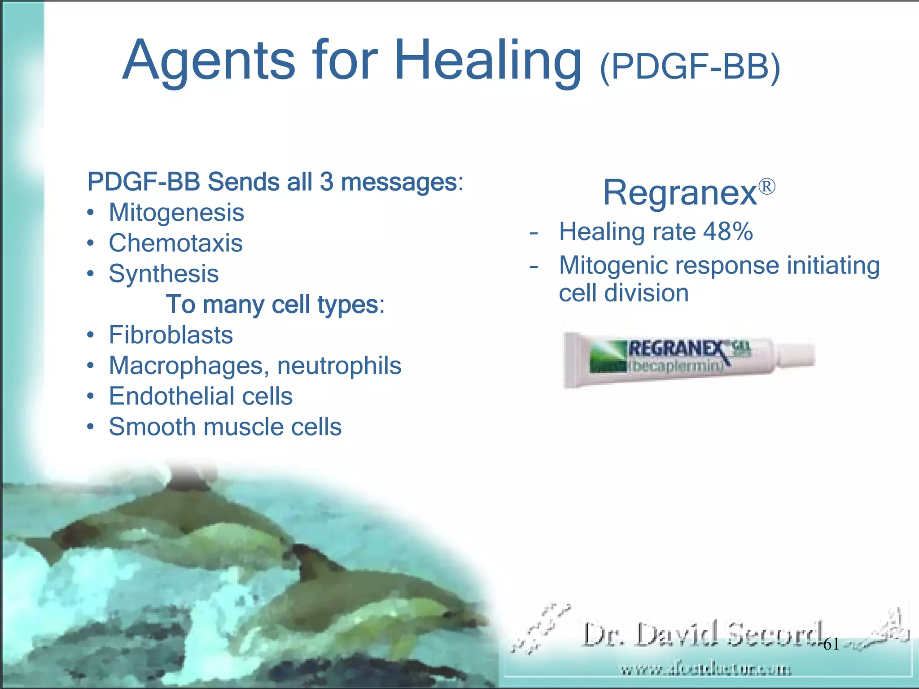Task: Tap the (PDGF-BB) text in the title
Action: (x=690, y=67)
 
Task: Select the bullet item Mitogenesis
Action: (x=176, y=212)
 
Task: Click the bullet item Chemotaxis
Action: (x=175, y=243)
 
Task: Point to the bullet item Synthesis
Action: (x=163, y=274)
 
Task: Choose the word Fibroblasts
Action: (x=171, y=335)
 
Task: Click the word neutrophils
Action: (x=339, y=366)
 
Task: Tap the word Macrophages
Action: (x=186, y=366)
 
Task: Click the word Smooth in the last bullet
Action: (x=153, y=427)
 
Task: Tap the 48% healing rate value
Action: (x=728, y=232)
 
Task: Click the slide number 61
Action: (x=831, y=645)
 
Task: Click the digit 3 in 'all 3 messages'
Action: (x=327, y=182)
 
